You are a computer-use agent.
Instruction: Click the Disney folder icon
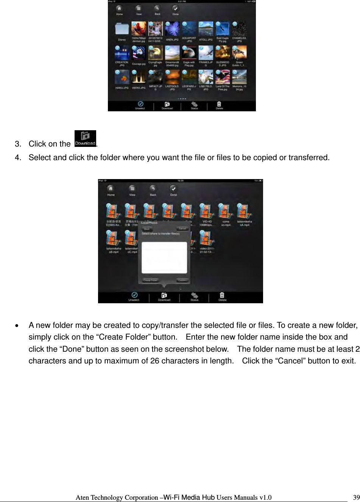tap(122, 30)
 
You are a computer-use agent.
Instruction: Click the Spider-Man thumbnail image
tap(139, 29)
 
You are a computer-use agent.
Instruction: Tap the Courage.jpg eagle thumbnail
tap(139, 53)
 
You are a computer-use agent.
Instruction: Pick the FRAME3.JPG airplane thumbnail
tap(206, 53)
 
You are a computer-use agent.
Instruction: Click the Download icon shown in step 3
tap(85, 139)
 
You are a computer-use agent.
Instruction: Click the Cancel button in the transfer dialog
tap(182, 229)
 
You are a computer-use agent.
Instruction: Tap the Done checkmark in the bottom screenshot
tap(173, 189)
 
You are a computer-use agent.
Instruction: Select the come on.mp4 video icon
tap(226, 212)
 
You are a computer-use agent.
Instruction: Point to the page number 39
tap(356, 497)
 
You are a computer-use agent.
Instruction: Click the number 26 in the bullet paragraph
tap(154, 361)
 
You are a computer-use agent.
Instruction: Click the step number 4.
tap(17, 157)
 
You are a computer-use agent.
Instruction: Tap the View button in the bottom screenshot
tap(132, 189)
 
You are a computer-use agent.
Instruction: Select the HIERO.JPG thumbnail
tap(139, 78)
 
